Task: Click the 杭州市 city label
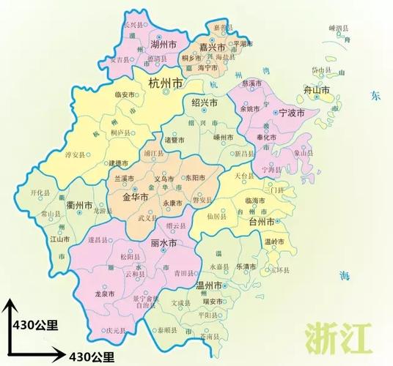click(x=167, y=82)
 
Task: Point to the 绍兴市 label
click(x=205, y=103)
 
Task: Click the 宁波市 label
click(x=293, y=114)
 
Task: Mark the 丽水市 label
click(x=162, y=242)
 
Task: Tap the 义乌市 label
click(x=164, y=179)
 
